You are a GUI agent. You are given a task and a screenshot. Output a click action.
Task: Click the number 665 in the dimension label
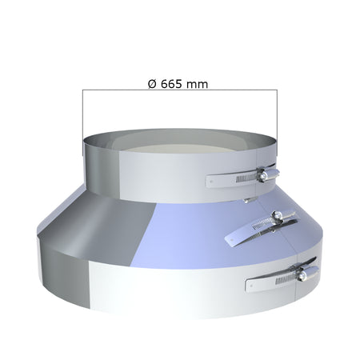[x=172, y=84]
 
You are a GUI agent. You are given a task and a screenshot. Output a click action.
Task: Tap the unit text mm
[x=197, y=85]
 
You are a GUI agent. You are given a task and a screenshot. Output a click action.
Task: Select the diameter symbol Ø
[x=152, y=84]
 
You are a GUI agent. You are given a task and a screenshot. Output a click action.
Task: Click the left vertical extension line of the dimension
[x=82, y=122]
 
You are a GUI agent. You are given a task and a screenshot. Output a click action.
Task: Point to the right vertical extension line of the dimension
[x=277, y=123]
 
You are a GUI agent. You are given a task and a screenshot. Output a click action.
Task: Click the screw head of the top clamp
[x=263, y=175]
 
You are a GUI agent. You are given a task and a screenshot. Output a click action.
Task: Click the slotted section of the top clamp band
[x=242, y=178]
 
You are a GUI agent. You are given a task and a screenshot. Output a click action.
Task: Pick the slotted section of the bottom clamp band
[x=282, y=280]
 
